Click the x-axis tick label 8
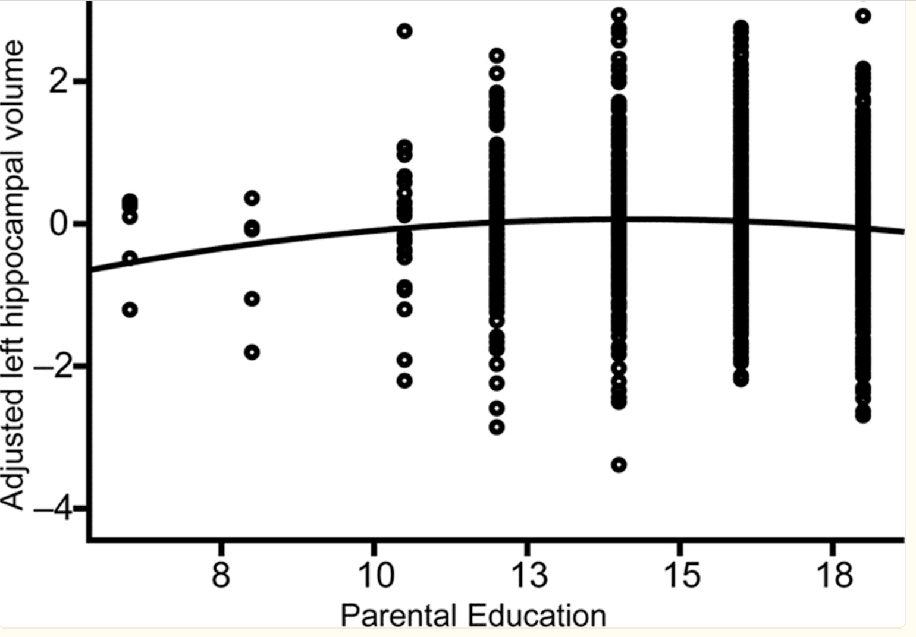221,575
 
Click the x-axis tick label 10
375,575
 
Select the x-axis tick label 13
528,575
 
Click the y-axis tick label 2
60,82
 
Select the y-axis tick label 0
60,224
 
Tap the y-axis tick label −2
52,367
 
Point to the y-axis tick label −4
52,509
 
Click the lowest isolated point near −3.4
619,465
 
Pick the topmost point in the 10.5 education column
404,31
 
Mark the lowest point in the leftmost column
130,310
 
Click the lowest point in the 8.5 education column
252,352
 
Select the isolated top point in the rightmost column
863,16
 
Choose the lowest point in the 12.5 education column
497,427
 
